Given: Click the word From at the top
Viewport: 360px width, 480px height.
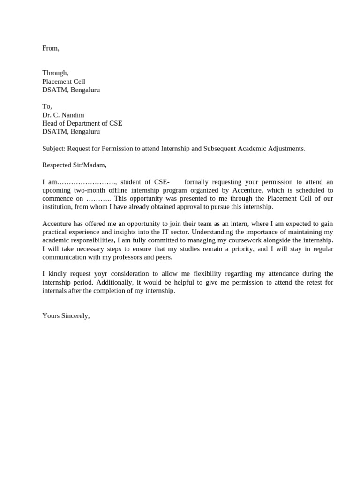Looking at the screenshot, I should pyautogui.click(x=50, y=48).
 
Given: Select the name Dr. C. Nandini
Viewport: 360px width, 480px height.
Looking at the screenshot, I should pyautogui.click(x=63, y=115).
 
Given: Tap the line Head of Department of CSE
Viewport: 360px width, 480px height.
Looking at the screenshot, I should pyautogui.click(x=82, y=123).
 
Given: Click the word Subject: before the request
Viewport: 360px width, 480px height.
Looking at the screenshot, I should pyautogui.click(x=54, y=149).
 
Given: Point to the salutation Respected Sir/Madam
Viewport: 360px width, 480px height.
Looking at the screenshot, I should pyautogui.click(x=74, y=165).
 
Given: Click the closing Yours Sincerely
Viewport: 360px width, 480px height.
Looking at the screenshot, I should pyautogui.click(x=66, y=316).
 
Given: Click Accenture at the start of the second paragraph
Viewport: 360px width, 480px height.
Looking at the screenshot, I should pyautogui.click(x=57, y=224).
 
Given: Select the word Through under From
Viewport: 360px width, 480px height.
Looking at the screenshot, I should pyautogui.click(x=55, y=73).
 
